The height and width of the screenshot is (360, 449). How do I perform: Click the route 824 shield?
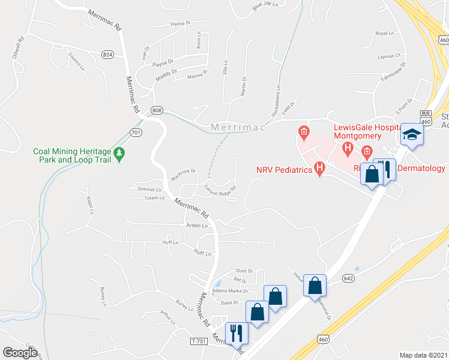107,55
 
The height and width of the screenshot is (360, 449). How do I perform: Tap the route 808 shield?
157,110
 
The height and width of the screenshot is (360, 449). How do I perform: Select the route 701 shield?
136,132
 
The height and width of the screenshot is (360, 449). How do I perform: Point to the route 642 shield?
348,278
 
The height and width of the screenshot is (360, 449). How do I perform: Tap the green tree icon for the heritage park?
119,155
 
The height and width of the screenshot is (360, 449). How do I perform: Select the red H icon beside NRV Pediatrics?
320,170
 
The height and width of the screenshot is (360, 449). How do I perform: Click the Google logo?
20,352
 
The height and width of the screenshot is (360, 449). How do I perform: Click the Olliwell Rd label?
18,49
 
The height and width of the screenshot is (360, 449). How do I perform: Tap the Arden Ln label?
197,226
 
